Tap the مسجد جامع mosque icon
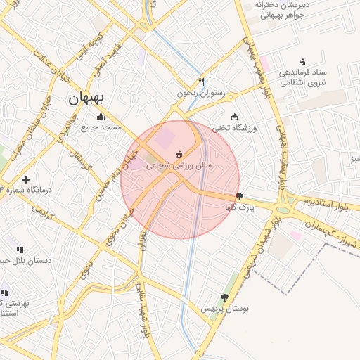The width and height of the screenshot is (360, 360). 101,117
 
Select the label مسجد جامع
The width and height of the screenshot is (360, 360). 101,127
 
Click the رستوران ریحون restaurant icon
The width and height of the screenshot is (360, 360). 202,82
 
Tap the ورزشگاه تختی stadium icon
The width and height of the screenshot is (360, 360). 234,117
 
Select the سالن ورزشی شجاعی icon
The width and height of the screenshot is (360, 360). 179,155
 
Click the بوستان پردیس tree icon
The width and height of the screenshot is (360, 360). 224,297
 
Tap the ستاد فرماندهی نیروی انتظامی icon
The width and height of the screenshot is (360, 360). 302,61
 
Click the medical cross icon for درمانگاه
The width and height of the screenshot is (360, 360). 26,180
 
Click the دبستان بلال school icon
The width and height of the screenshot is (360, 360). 20,250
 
